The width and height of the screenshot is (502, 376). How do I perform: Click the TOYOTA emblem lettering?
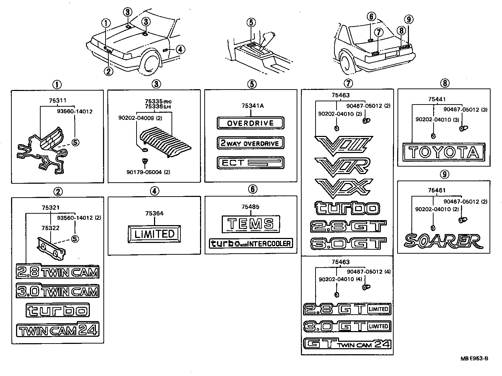point(444,153)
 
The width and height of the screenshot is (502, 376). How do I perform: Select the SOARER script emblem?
point(443,241)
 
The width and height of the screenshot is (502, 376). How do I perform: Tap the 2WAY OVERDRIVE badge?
point(250,143)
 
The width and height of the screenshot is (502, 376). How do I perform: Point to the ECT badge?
point(250,163)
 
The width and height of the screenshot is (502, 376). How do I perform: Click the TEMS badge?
point(250,224)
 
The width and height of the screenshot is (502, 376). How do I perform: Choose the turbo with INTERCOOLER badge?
point(251,244)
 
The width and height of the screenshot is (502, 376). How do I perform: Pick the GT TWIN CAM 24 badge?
point(347,344)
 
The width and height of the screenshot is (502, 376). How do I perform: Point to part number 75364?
point(154,214)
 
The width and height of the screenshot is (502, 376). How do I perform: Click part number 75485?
point(250,207)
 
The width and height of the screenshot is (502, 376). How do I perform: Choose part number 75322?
point(50,228)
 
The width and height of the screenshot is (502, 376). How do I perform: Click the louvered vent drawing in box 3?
point(165,142)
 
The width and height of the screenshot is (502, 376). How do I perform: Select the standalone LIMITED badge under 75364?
point(154,234)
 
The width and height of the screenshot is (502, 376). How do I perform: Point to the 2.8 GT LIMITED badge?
point(347,309)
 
